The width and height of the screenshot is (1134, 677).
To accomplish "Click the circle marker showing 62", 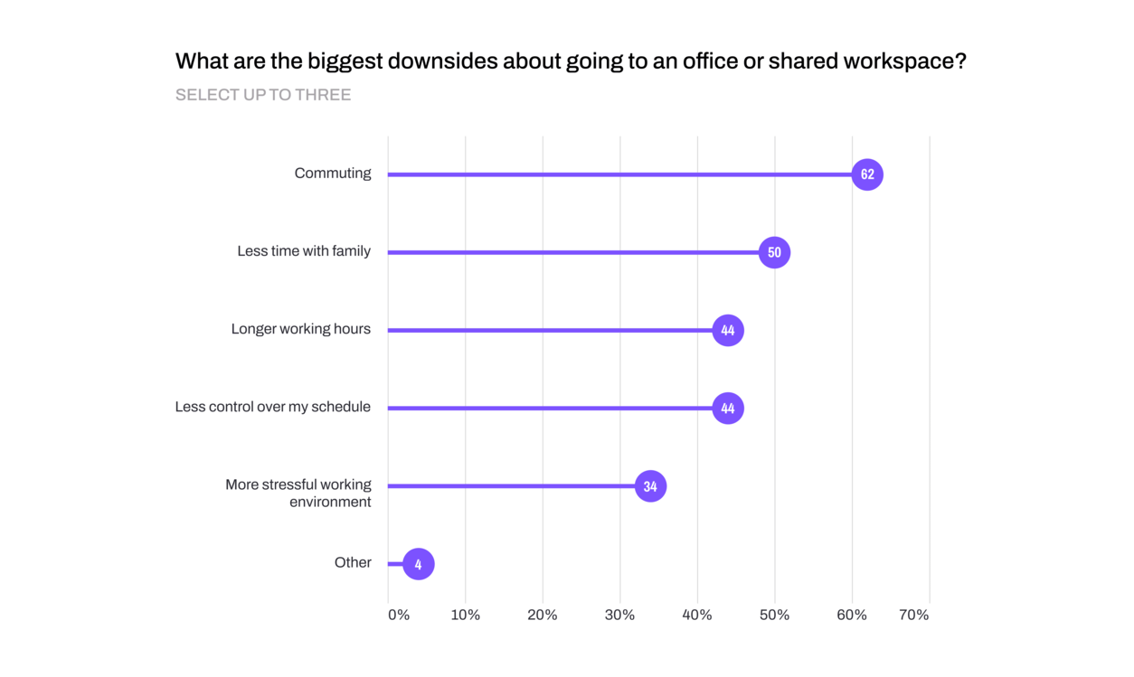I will pyautogui.click(x=867, y=174).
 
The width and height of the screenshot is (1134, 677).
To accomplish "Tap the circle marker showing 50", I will pyautogui.click(x=774, y=252).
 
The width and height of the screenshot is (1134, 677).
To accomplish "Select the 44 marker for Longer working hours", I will pyautogui.click(x=728, y=330).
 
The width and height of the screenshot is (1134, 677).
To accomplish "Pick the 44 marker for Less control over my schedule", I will pyautogui.click(x=728, y=408).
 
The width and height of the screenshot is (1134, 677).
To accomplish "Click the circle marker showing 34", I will pyautogui.click(x=650, y=486).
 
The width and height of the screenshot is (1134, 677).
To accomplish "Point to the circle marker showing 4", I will pyautogui.click(x=418, y=564).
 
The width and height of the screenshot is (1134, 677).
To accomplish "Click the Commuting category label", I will pyautogui.click(x=332, y=174).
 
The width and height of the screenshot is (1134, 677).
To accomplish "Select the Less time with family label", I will pyautogui.click(x=304, y=251).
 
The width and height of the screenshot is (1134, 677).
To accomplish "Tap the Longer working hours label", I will pyautogui.click(x=300, y=329).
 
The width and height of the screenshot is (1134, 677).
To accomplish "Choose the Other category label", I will pyautogui.click(x=353, y=563).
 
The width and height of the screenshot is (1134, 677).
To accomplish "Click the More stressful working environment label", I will pyautogui.click(x=298, y=494).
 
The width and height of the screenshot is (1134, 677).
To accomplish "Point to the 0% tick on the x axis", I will pyautogui.click(x=399, y=616).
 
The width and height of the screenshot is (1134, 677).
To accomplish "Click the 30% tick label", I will pyautogui.click(x=619, y=616).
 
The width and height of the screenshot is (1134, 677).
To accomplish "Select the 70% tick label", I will pyautogui.click(x=913, y=616).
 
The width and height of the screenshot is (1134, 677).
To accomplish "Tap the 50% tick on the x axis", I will pyautogui.click(x=774, y=616).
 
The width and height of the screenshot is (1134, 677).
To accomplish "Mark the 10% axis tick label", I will pyautogui.click(x=466, y=616).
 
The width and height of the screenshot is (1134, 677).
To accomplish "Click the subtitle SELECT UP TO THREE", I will pyautogui.click(x=263, y=95).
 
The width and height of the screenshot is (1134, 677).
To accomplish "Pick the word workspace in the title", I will pyautogui.click(x=903, y=61).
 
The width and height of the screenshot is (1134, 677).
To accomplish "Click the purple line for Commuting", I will pyautogui.click(x=615, y=174).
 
